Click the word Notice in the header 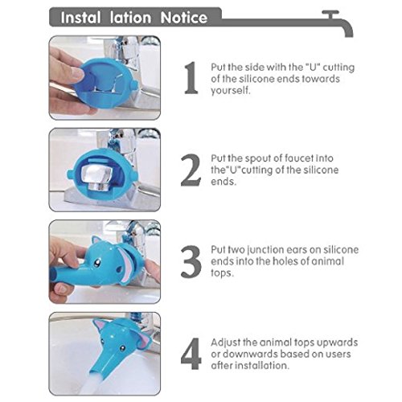184,18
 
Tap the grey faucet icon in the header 338,23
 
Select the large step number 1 191,78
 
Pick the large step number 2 191,170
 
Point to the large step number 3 191,261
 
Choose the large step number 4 191,354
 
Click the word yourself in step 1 230,91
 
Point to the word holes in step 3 283,261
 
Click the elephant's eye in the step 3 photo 98,260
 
